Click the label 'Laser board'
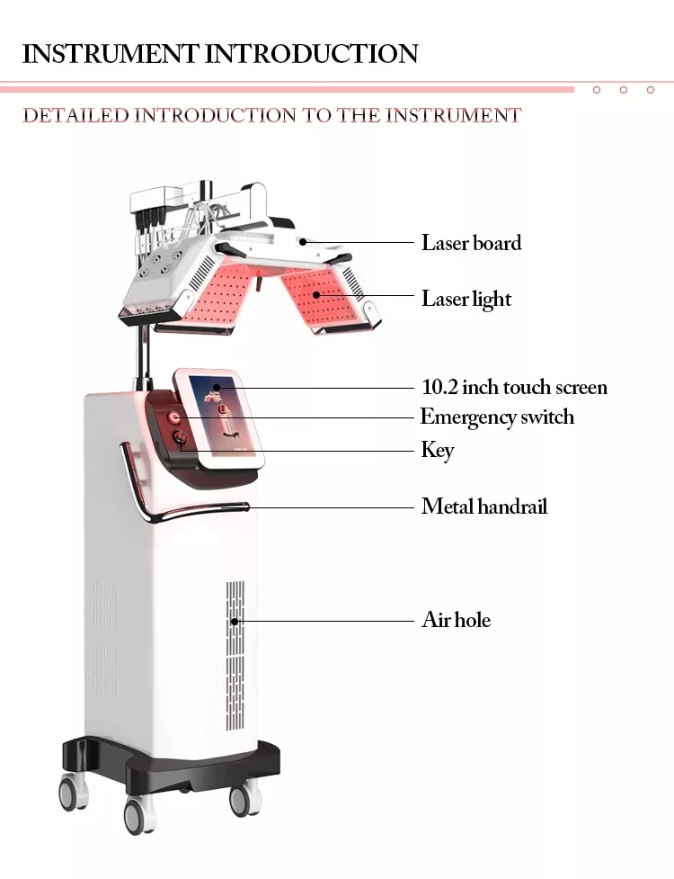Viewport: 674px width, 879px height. tap(471, 243)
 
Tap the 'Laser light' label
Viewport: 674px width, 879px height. tap(466, 299)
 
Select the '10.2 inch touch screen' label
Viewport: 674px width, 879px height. tap(514, 388)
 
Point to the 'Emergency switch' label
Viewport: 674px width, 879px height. tap(497, 417)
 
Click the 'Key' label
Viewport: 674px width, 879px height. tap(438, 450)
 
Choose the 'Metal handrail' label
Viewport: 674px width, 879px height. tap(483, 507)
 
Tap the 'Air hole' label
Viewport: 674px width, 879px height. tap(456, 620)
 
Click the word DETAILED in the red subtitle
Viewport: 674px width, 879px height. tap(75, 115)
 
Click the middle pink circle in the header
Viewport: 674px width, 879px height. tap(623, 90)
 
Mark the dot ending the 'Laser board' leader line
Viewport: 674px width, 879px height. tap(305, 241)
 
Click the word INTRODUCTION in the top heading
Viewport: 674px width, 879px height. tap(312, 53)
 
